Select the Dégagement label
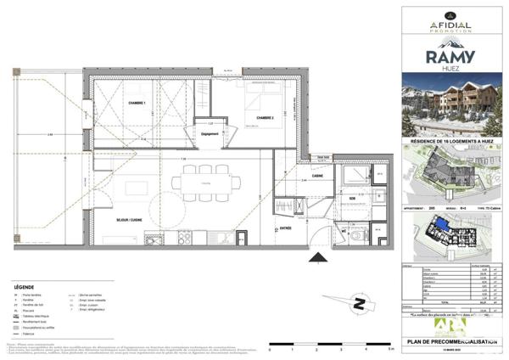(x=210, y=134)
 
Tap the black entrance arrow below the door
(x=317, y=256)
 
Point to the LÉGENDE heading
(x=26, y=288)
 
